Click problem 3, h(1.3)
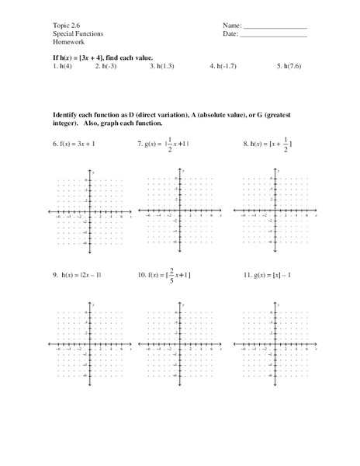161,68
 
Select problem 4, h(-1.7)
223,68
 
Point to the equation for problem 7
169,144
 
